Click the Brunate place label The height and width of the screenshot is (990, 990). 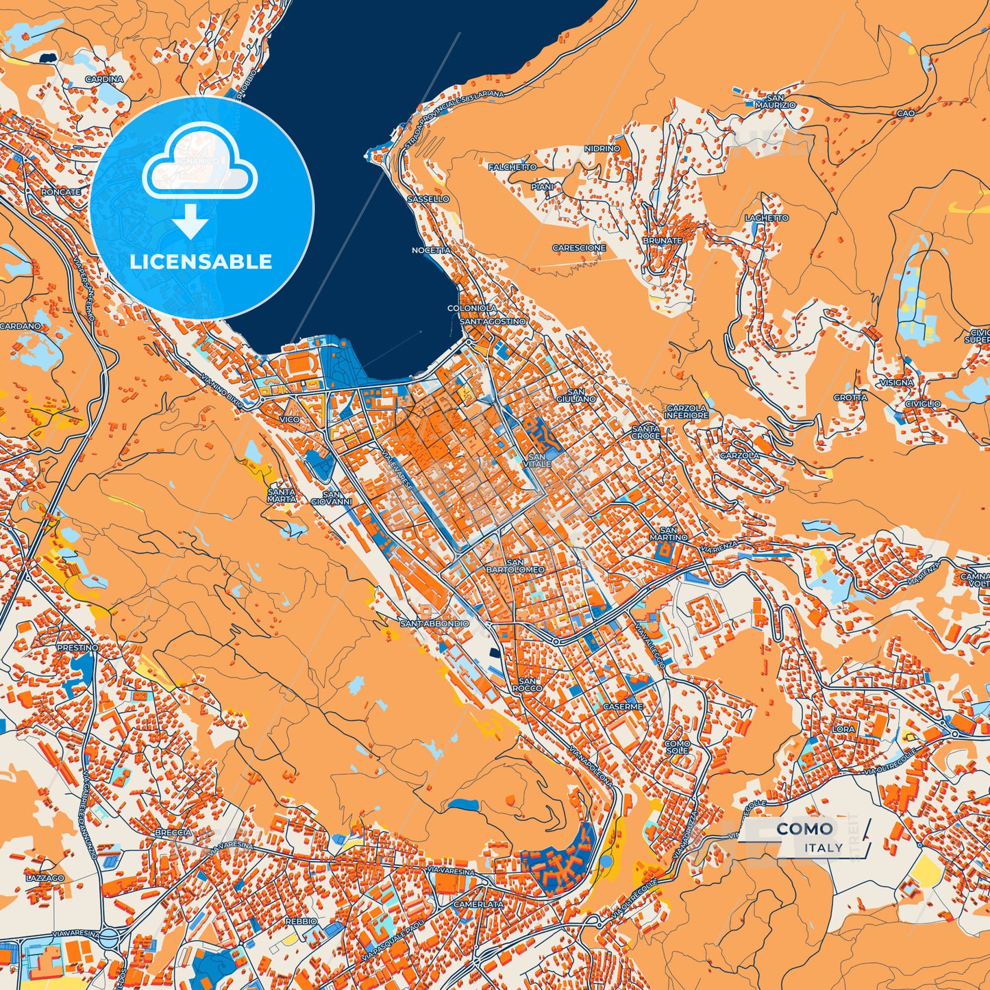(662, 240)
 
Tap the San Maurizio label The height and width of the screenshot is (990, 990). (775, 101)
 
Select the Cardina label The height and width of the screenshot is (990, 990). (104, 79)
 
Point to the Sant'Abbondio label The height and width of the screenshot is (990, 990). (434, 623)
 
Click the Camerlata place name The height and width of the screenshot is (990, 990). (478, 904)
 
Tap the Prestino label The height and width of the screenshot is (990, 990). (77, 647)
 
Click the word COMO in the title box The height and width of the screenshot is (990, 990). (805, 829)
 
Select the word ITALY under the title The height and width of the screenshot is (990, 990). (824, 847)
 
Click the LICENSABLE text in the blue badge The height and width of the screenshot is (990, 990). (201, 262)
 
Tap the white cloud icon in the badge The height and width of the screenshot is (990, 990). (199, 168)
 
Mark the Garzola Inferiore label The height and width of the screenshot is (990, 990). (686, 412)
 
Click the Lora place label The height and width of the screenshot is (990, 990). (843, 729)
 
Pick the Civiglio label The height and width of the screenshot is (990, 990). (922, 404)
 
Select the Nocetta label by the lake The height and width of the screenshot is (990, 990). (431, 251)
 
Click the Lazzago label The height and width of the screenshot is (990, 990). (45, 878)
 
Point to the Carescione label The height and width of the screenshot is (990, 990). (579, 248)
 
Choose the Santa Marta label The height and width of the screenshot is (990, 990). (282, 495)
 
